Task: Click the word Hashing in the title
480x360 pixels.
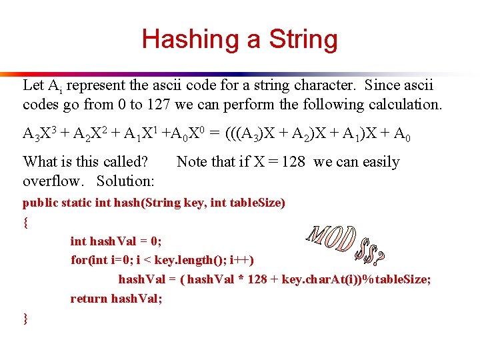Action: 189,39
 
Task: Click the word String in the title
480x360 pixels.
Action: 303,39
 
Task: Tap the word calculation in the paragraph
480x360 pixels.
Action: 403,105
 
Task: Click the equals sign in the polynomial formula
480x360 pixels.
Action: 213,134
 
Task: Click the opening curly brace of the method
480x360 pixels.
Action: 26,223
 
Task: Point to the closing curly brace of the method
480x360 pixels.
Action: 26,318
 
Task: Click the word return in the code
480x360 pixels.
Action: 89,299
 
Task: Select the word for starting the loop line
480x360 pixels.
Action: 79,260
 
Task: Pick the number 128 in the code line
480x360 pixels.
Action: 257,279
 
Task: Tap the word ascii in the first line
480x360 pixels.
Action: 204,85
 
